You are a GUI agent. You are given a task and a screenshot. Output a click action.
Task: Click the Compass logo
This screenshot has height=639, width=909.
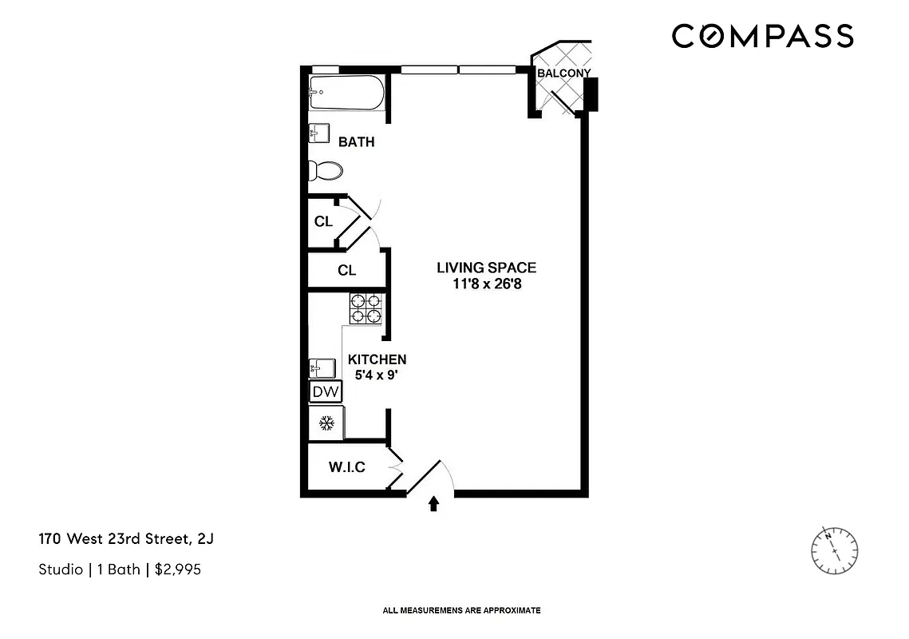coord(762,37)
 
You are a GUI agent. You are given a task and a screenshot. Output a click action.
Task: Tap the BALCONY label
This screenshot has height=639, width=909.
coord(563,73)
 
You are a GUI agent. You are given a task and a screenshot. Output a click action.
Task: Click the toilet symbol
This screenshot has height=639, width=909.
coord(326,171)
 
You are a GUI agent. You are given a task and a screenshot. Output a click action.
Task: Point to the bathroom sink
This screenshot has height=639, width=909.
coord(319,133)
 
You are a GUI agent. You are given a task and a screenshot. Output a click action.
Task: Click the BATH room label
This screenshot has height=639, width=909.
coord(356,142)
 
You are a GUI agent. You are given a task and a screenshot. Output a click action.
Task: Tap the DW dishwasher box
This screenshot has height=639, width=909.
coord(326,392)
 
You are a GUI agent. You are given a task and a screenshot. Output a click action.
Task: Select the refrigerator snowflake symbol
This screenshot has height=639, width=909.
coord(326,422)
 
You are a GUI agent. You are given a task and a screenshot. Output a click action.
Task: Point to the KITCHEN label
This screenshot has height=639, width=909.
coord(377,359)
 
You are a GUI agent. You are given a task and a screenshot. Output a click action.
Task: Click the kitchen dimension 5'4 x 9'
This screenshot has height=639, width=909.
coord(377,374)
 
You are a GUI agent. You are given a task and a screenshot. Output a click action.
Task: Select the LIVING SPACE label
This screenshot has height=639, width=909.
coord(486,268)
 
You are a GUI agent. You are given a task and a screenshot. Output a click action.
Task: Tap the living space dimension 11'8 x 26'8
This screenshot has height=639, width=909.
coord(486,283)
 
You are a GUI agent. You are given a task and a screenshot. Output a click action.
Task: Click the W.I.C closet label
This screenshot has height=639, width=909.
coord(346,467)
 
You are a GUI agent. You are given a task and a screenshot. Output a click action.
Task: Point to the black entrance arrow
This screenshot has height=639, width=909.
coord(434,503)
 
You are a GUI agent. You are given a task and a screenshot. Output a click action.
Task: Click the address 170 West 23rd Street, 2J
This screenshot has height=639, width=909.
coord(126,539)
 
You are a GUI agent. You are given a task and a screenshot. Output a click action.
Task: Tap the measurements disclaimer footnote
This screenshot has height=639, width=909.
coord(462,610)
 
